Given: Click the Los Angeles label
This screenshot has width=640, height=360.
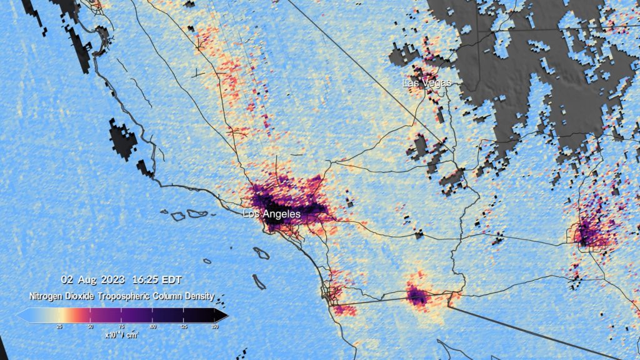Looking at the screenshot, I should coord(272,214).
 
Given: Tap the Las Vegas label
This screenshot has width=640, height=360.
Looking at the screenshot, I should coord(427,83).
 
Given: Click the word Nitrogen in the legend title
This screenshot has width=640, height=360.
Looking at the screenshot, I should coord(47,296).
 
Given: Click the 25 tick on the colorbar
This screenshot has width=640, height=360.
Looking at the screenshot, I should coord(59,326).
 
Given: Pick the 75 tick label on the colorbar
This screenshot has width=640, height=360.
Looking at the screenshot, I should coord(121,326).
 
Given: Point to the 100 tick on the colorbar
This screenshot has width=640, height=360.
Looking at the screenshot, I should coord(152,326).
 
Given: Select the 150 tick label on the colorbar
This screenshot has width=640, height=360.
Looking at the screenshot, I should coord(215,326).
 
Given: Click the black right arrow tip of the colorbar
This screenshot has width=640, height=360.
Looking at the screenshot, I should coord(224,316).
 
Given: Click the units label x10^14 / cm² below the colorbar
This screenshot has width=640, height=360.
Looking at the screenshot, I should coord(122,334).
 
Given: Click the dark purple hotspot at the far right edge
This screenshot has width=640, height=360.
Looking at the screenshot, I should coord(588,234).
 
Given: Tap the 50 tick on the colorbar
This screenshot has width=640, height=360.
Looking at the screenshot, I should coord(90,326).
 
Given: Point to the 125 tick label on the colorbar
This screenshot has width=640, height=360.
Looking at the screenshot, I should coord(184,326).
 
